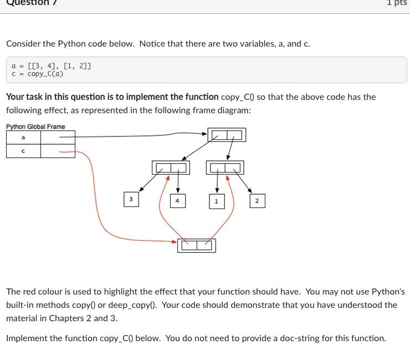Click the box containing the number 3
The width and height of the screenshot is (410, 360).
131,199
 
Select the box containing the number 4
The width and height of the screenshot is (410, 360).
177,201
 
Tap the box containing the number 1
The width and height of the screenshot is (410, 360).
216,201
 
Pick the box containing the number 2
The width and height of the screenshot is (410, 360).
257,201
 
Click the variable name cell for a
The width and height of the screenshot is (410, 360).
23,137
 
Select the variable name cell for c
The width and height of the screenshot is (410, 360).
23,151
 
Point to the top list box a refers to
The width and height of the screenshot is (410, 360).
227,135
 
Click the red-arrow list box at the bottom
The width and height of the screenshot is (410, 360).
197,245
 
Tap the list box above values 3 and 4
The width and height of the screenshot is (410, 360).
171,168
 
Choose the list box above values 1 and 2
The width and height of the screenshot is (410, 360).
225,168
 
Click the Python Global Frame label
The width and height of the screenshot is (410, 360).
35,126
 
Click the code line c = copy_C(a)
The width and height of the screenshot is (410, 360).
38,74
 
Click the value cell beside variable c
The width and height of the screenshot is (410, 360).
58,151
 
